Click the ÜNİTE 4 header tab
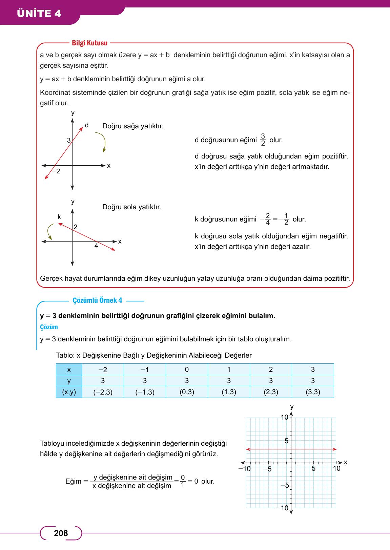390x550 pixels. pos(40,13)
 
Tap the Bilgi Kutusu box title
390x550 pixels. pos(89,43)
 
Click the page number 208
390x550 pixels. pos(61,533)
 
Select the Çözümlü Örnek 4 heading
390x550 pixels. pos(97,300)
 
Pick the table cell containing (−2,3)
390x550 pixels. pos(103,392)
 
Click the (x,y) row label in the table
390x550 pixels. pos(69,392)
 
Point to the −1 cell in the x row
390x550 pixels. pos(145,369)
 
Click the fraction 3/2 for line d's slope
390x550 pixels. pos(263,140)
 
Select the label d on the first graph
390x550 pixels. pos(87,125)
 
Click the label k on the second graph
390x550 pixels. pos(59,217)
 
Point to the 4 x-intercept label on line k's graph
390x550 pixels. pos(96,246)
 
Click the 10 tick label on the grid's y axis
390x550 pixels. pos(285,417)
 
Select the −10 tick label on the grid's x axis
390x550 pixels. pos(244,469)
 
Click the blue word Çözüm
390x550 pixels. pos(49,327)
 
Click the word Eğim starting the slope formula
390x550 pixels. pos(73,481)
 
